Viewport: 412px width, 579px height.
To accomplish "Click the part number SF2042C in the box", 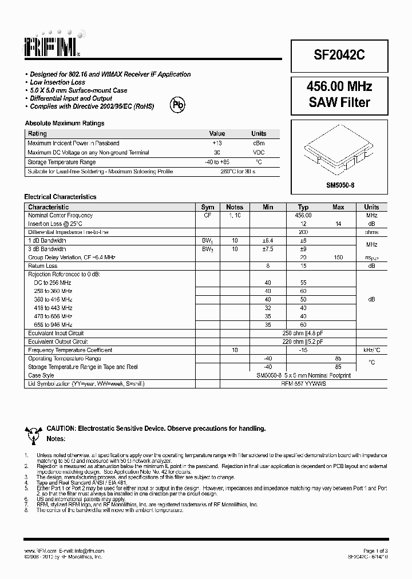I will pos(339,55).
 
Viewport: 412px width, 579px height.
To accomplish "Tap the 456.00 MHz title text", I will pos(339,86).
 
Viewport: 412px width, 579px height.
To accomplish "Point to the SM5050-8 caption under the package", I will pos(339,185).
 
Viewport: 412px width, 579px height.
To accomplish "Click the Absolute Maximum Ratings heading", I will pos(65,123).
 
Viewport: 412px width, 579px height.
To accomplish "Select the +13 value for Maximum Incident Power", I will pos(217,143).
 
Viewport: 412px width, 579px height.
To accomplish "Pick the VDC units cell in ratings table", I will pos(259,153).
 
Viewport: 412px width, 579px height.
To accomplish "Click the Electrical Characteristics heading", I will pos(60,197).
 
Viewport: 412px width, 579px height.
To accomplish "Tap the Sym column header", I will pos(208,207).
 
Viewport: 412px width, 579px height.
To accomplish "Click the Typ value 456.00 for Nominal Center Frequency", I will pos(303,215).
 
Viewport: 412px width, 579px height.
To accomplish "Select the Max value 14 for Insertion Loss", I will pos(338,224).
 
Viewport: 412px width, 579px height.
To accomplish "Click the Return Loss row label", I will pos(43,265).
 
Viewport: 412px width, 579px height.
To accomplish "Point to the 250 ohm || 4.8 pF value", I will pos(303,333).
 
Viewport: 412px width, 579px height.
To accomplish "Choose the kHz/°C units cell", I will pos(371,350).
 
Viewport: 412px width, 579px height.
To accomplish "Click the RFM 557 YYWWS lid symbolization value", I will pos(303,384).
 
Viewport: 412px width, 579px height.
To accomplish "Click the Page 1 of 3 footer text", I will pos(375,550).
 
